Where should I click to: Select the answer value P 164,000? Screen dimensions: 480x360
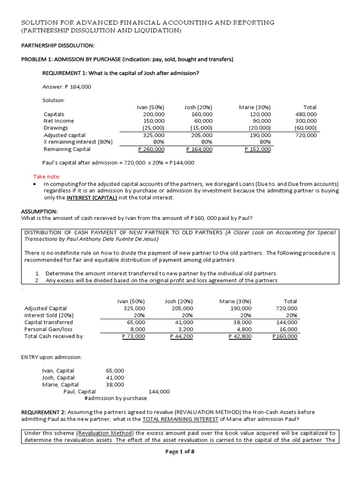point(71,87)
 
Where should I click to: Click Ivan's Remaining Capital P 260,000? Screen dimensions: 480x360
point(151,150)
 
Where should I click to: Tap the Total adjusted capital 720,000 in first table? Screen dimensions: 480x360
point(306,135)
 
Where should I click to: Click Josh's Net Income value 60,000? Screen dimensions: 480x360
point(202,121)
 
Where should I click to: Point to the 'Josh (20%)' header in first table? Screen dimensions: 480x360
point(198,107)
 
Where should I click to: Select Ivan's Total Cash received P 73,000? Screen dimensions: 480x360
point(133,337)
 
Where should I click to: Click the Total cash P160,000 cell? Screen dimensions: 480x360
point(285,337)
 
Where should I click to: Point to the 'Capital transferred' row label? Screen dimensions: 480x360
point(48,322)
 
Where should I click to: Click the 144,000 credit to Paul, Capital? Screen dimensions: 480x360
point(159,391)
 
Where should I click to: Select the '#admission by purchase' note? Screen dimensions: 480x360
point(115,398)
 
